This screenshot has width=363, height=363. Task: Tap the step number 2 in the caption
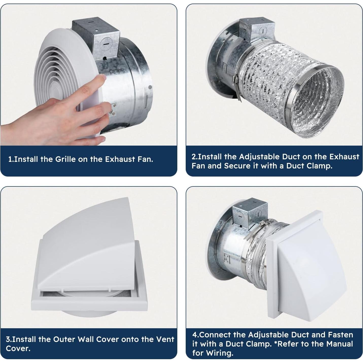click(193, 157)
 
